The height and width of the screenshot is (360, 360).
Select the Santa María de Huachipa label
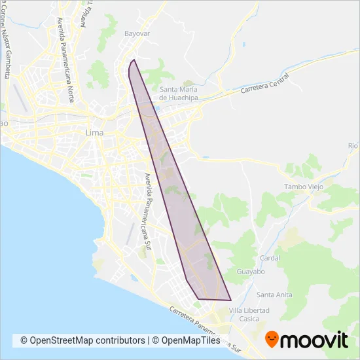pos(179,94)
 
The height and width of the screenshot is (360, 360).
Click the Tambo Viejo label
pos(300,187)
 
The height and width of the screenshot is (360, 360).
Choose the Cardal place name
pos(270,258)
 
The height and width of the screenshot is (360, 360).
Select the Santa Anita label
pos(274,294)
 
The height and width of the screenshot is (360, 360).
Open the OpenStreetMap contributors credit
pos(82,340)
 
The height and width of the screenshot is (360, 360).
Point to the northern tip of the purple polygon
pos(134,60)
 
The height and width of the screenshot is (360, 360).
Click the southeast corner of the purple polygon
pos(231,300)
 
